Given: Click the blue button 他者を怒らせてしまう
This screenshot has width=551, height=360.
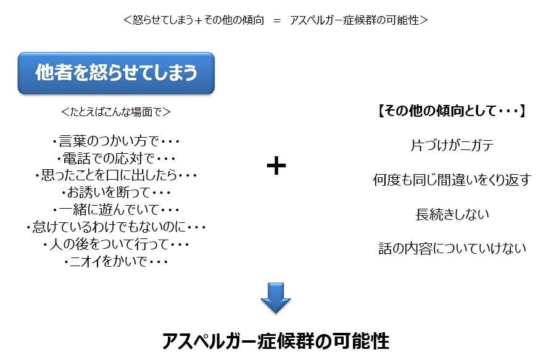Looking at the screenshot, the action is [x=116, y=73].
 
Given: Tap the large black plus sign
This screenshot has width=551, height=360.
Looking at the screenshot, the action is [x=276, y=165].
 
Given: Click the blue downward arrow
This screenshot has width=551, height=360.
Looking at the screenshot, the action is [x=275, y=298].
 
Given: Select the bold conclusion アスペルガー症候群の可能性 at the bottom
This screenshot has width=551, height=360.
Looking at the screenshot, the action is [x=276, y=341].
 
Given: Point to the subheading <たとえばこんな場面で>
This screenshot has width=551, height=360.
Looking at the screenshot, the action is [x=115, y=112].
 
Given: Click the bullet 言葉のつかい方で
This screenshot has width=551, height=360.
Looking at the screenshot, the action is [x=116, y=141].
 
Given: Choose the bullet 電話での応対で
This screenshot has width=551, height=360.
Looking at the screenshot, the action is [x=116, y=158].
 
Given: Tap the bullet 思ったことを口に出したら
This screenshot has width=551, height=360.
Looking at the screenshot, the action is [x=116, y=175].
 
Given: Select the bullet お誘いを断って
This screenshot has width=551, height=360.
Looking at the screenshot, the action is [x=116, y=192].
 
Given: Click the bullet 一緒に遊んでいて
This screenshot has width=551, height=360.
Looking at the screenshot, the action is [x=116, y=209].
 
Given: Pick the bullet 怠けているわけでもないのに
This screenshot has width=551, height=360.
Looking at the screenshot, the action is [x=116, y=227].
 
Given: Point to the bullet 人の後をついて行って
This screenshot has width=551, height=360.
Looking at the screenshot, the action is [x=116, y=244].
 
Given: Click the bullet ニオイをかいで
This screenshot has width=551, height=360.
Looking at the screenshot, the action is [x=116, y=261].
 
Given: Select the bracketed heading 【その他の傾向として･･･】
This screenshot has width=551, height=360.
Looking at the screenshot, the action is [x=452, y=111].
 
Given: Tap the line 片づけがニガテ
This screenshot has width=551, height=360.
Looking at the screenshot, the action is [x=452, y=145].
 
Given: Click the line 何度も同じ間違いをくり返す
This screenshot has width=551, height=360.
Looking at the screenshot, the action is [x=452, y=180].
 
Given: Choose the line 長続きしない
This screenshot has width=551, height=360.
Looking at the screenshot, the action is [x=452, y=214].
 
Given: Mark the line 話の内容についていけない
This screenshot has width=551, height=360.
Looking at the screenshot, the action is [x=452, y=248].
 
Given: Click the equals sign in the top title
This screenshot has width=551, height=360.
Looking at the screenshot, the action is [x=277, y=21].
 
